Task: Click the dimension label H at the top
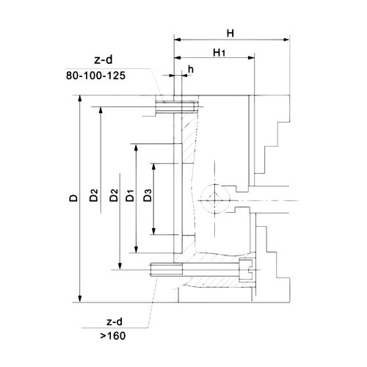tap(230, 33)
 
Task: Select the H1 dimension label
tap(219, 53)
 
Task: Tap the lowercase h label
tap(191, 70)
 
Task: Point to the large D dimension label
tap(73, 198)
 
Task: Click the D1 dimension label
tap(130, 195)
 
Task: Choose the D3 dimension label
tap(148, 195)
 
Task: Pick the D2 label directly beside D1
tap(114, 195)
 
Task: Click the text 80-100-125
tap(95, 76)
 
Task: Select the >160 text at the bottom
tap(113, 335)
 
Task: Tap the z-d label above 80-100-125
tap(103, 60)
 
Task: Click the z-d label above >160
tap(115, 321)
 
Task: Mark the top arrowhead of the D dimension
tap(79, 99)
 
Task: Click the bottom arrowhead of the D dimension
tap(79, 299)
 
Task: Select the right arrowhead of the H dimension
tap(286, 40)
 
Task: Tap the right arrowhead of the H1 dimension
tap(251, 58)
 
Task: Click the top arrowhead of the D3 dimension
tap(153, 167)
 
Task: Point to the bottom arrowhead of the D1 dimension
tap(137, 250)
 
